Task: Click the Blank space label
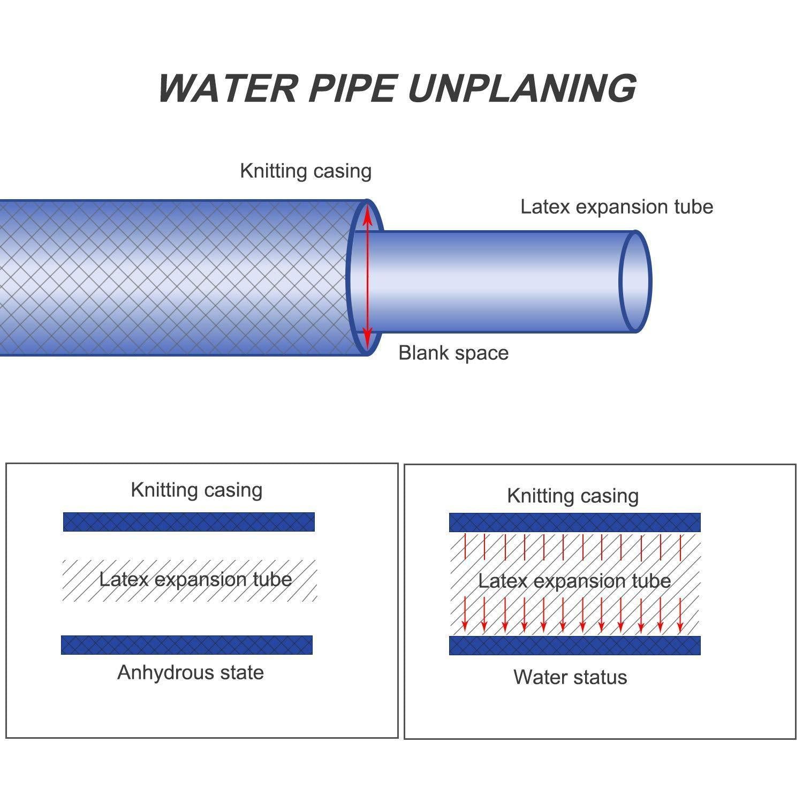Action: tap(453, 353)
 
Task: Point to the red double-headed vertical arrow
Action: tap(367, 278)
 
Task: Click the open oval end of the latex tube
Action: tap(635, 281)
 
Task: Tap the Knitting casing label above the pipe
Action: tap(305, 171)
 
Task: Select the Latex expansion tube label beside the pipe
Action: tap(617, 207)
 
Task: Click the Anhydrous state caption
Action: tap(191, 673)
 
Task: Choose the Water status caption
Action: tap(570, 678)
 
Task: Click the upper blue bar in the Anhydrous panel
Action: tap(188, 522)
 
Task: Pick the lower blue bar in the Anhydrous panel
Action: tap(187, 645)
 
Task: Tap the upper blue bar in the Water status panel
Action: tap(574, 522)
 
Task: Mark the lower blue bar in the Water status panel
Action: tap(574, 646)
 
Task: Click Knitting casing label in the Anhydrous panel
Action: tap(196, 490)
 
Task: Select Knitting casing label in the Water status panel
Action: tap(573, 496)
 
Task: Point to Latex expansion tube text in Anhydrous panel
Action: tap(195, 580)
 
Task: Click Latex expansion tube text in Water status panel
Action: tap(574, 581)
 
